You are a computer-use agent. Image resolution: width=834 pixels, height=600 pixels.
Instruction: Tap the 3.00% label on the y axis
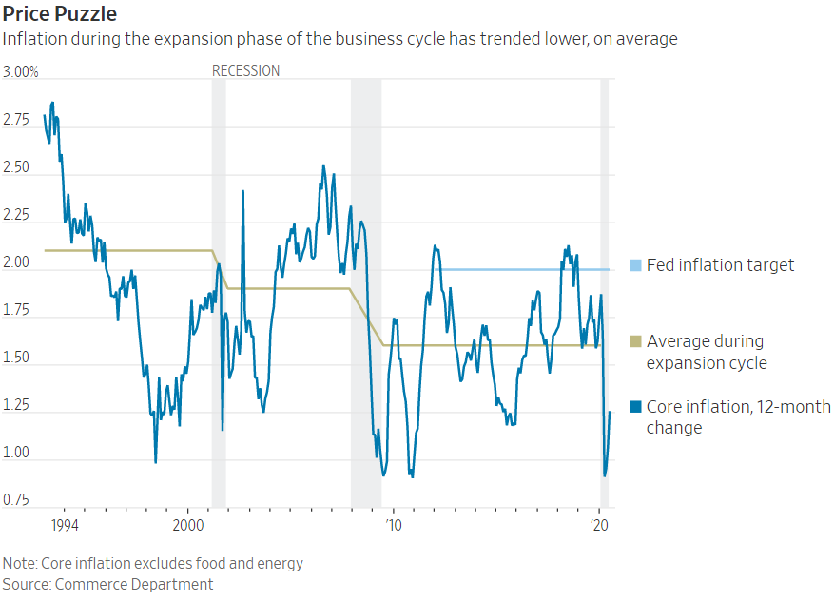coord(21,72)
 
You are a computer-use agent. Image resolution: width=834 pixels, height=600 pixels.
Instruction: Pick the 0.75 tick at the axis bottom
coord(16,500)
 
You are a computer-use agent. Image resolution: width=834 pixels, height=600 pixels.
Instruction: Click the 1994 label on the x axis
coord(64,525)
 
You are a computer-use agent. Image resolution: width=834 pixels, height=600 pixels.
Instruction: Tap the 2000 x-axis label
coord(187,525)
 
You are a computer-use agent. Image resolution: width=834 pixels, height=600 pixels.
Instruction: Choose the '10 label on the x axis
coord(393,525)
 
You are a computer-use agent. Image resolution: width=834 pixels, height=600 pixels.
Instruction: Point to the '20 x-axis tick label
coord(600,525)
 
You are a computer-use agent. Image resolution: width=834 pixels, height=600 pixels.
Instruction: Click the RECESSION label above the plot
coord(245,70)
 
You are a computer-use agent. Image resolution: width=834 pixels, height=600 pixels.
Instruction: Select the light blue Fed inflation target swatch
coord(635,265)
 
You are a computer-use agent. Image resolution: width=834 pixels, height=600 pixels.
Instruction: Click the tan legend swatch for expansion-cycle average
coord(635,341)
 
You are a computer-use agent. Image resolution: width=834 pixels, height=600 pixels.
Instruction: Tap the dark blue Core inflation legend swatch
coord(635,407)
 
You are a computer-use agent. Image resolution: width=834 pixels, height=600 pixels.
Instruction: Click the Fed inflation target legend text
coord(720,265)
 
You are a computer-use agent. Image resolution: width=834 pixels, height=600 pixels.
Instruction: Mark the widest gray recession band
coord(366,285)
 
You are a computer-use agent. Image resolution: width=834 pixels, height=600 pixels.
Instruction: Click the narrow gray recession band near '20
coord(604,285)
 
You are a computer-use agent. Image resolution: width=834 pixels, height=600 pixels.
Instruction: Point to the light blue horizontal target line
coord(514,269)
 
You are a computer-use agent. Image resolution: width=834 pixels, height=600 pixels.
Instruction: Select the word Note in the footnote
coord(18,563)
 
